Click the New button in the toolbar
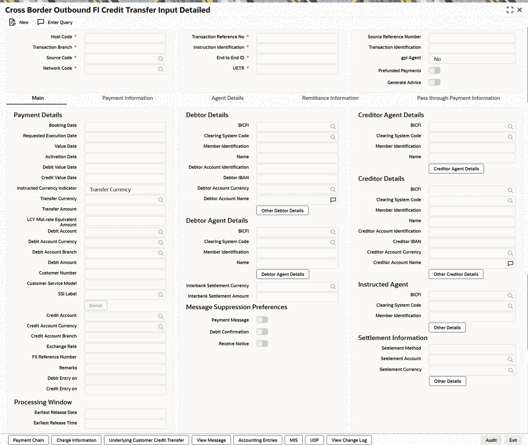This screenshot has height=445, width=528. point(19,22)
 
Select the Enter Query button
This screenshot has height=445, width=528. point(55,22)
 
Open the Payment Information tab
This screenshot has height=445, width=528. point(127,98)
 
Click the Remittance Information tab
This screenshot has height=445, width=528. point(330,98)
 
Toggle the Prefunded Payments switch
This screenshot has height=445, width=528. point(434,71)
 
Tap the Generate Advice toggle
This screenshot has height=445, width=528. point(434,82)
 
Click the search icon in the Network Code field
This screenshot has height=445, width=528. point(161,69)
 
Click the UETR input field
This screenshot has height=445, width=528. point(297,69)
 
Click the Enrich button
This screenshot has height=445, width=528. point(96,306)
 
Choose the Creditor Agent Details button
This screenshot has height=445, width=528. point(456,169)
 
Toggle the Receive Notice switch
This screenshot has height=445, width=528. point(262,344)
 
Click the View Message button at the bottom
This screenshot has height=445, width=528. point(211,440)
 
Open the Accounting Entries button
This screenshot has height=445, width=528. point(257,440)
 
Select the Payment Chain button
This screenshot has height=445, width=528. point(29,440)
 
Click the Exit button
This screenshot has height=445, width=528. point(513,440)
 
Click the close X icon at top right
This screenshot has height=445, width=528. point(520,10)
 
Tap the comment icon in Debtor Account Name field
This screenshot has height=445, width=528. point(333,200)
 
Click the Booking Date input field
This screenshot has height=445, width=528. point(125,126)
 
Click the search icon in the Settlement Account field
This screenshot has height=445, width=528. point(510,360)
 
